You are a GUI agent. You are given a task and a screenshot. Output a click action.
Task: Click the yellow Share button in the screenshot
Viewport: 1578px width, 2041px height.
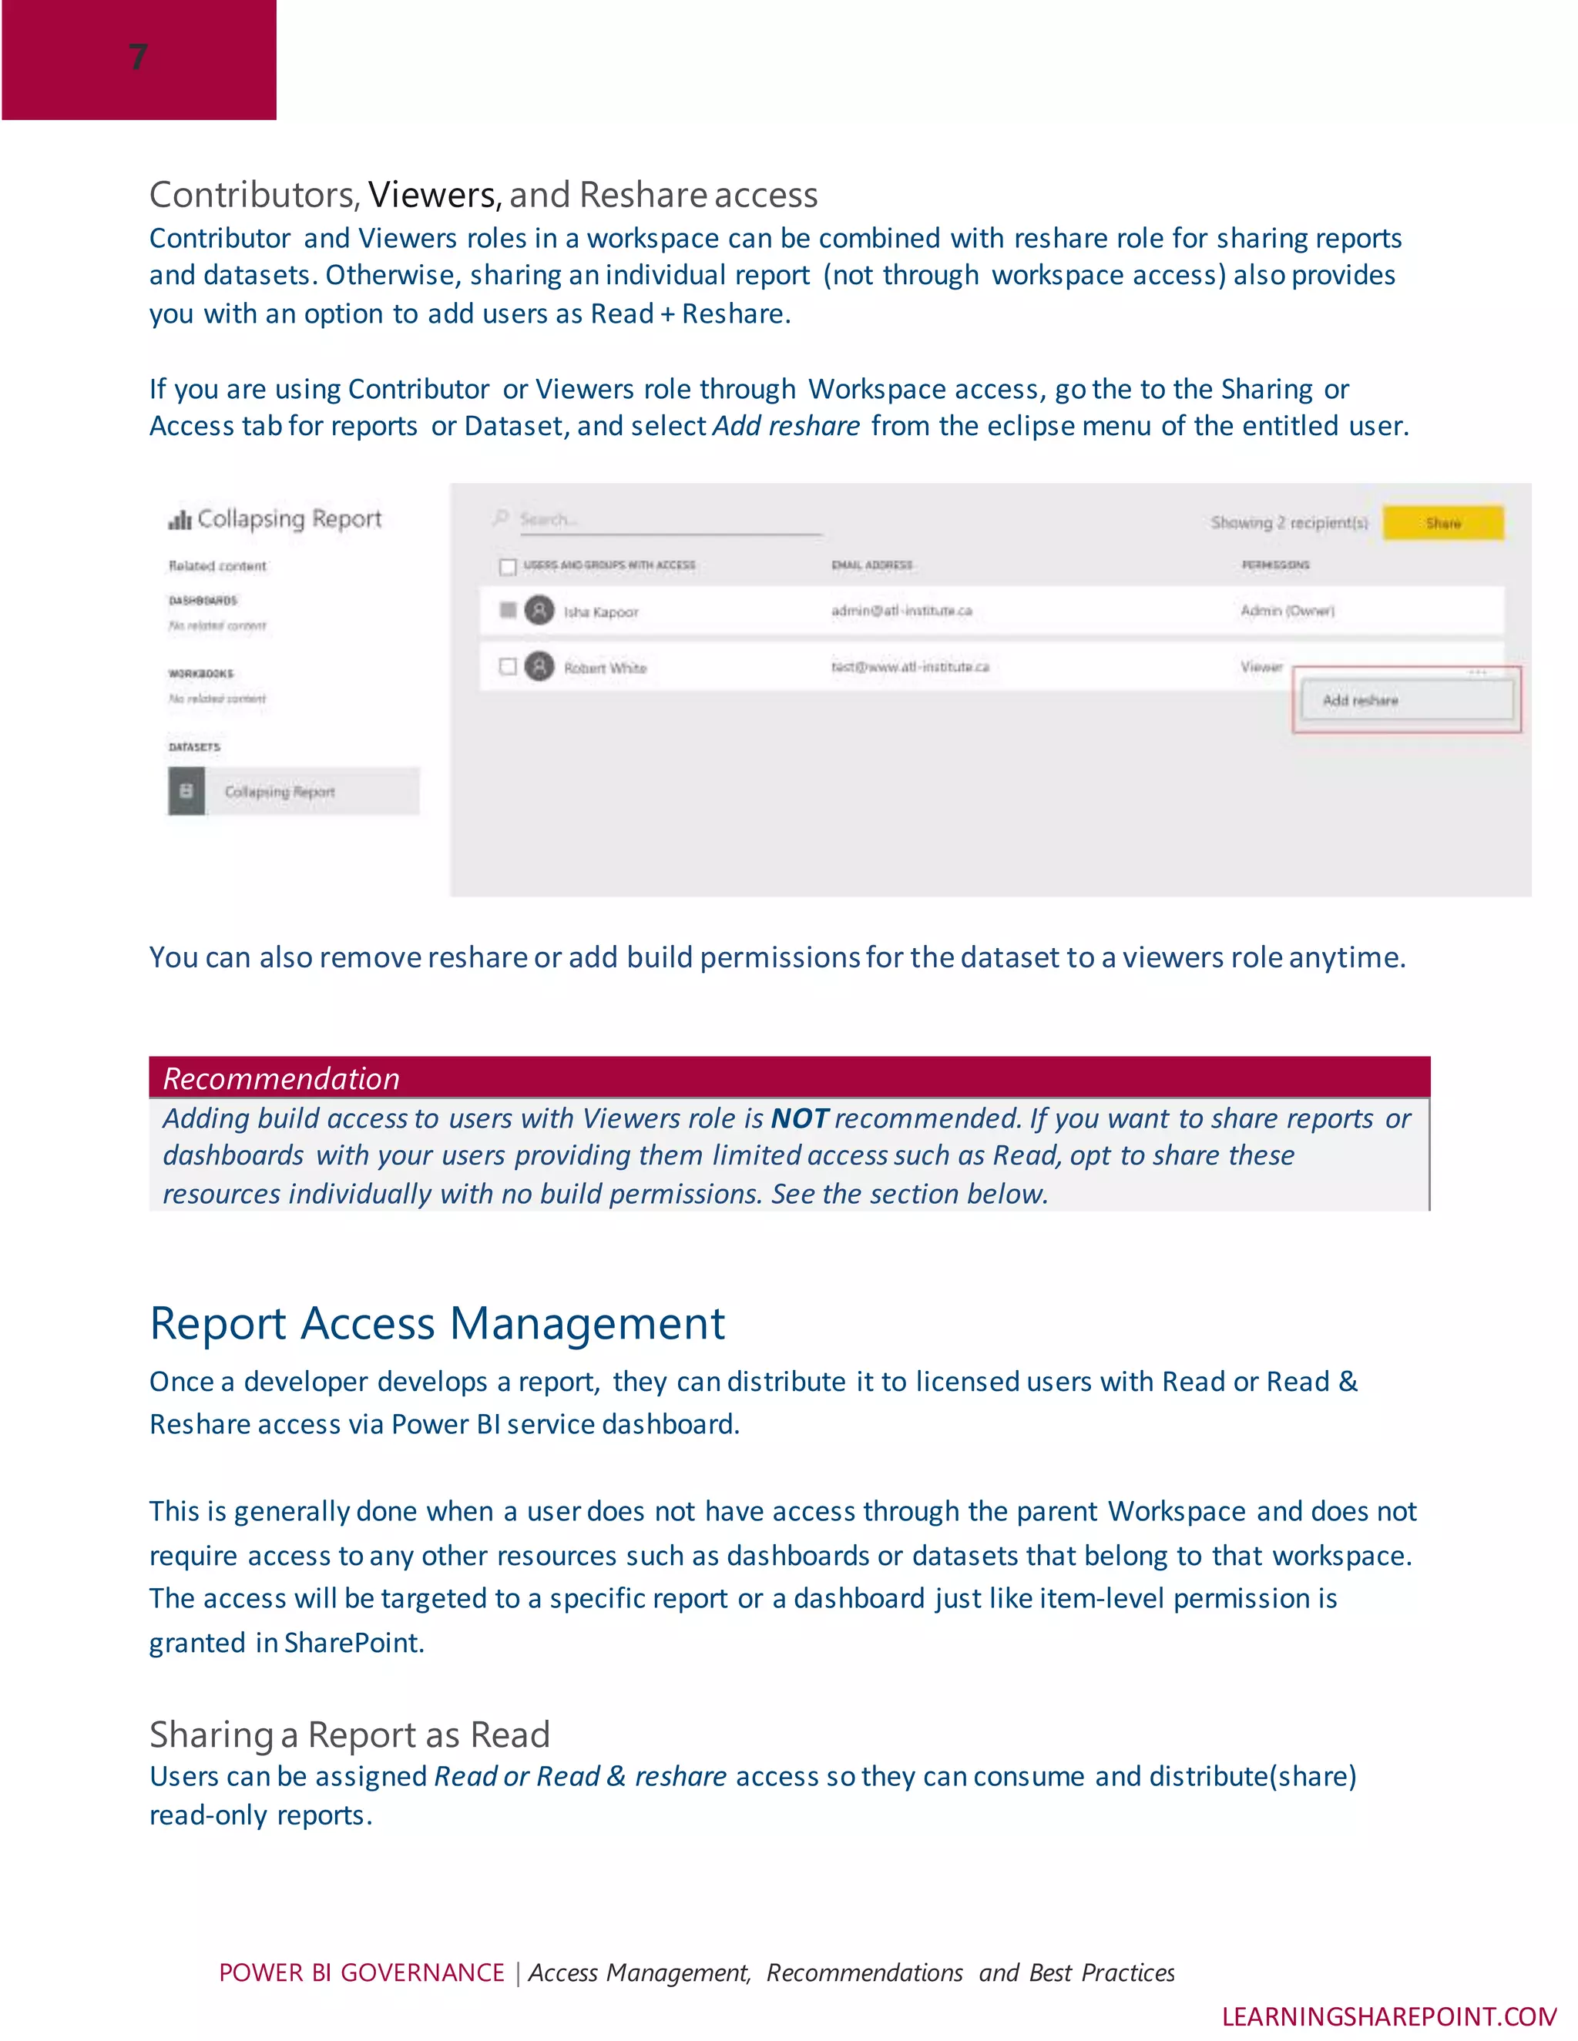[1442, 523]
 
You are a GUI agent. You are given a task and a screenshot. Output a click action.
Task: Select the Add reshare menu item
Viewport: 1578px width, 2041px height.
[1360, 700]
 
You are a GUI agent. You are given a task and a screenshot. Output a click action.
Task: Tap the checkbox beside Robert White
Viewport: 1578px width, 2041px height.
[508, 666]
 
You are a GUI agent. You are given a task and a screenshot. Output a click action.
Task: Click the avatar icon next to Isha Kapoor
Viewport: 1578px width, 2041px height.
[539, 610]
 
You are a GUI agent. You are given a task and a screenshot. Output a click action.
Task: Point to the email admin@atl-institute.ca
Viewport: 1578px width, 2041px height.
[901, 610]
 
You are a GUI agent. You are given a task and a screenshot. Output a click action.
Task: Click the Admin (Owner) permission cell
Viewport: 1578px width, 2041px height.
[1288, 610]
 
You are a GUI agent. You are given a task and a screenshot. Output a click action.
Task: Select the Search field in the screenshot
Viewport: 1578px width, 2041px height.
[654, 520]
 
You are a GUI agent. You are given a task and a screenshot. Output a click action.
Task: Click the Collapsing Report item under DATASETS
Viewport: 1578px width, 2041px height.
[280, 792]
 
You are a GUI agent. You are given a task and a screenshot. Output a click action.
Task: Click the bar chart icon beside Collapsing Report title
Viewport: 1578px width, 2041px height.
[180, 520]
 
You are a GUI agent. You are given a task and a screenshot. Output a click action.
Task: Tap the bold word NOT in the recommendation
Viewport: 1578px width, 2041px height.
[799, 1118]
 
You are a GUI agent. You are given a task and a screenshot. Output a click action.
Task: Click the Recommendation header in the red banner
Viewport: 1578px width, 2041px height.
[280, 1078]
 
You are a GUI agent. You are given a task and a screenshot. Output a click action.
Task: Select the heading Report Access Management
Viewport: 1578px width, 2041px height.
[437, 1323]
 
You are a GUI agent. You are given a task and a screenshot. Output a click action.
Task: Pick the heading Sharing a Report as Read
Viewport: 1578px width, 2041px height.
[350, 1734]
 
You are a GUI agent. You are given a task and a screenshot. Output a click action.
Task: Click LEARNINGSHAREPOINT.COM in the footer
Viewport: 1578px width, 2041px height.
[1388, 2016]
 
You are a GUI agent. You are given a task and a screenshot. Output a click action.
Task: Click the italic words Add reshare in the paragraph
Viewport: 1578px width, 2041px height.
[786, 426]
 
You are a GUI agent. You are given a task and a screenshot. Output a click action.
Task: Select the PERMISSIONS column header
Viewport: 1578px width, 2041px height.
[1275, 565]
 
